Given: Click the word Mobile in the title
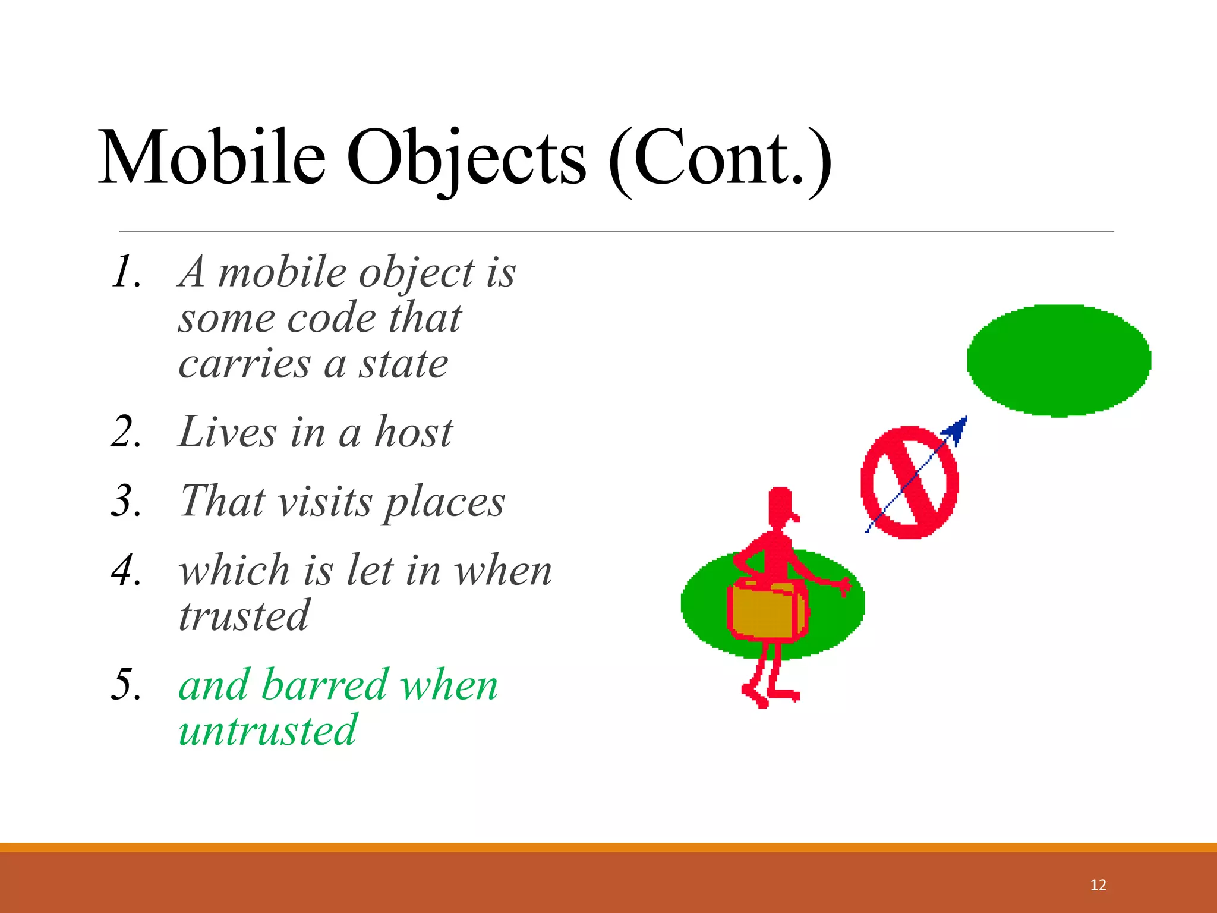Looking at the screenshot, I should [x=212, y=158].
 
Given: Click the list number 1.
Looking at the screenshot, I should [x=126, y=272].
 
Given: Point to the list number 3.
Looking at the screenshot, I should [x=126, y=500].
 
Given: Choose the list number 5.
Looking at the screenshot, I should [x=126, y=685].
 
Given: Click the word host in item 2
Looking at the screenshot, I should [x=414, y=432].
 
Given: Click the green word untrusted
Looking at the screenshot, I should [x=267, y=731].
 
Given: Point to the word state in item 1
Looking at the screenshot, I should [x=403, y=364].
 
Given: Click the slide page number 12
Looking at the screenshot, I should [x=1098, y=885].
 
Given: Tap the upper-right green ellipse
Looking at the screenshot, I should [x=1059, y=361].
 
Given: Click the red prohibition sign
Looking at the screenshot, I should [x=909, y=482].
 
